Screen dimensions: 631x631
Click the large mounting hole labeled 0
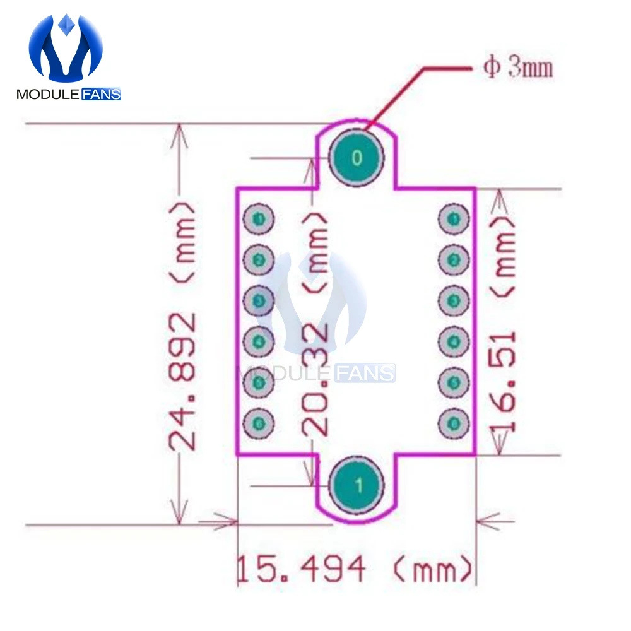[357, 158]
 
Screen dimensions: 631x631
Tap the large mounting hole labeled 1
[358, 485]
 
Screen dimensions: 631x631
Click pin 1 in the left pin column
[258, 218]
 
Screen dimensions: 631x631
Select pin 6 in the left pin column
[258, 423]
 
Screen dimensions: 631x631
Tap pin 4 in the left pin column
[258, 341]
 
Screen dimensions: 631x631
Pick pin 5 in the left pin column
[258, 382]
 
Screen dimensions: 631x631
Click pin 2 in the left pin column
[258, 259]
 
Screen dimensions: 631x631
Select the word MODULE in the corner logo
[47, 95]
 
